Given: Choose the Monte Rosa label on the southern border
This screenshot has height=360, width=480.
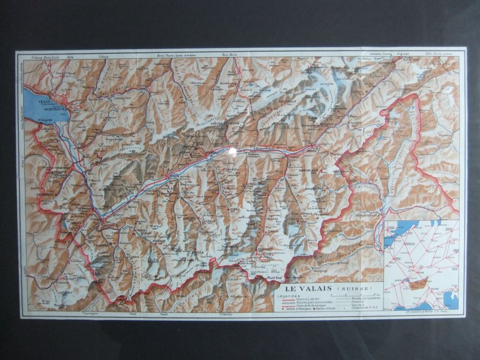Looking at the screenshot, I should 275,278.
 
